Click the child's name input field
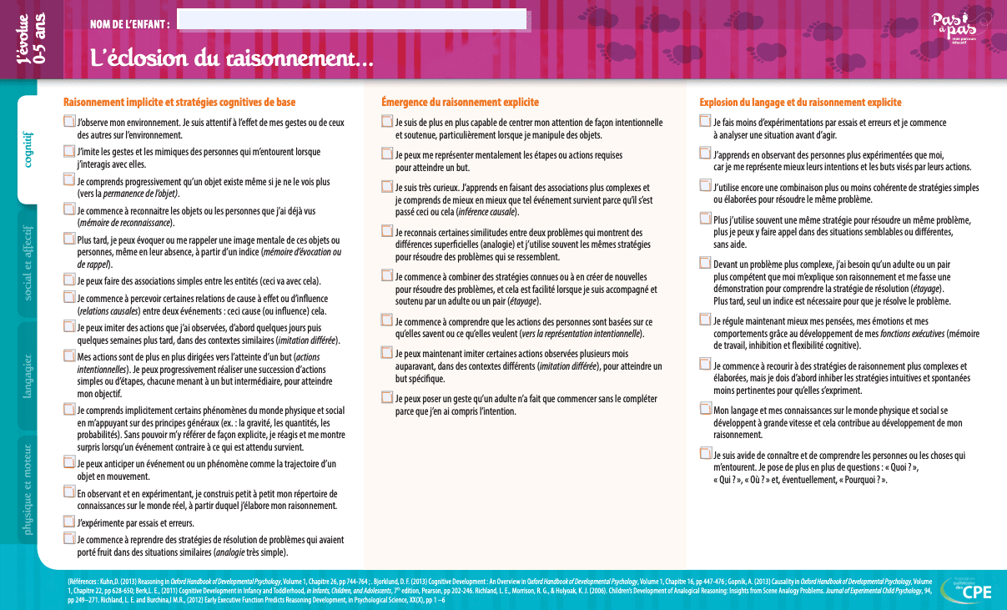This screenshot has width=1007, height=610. click(x=351, y=19)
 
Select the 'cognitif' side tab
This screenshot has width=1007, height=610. click(x=28, y=150)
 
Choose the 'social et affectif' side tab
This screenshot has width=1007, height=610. click(x=28, y=262)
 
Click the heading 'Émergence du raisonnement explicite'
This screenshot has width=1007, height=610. click(x=460, y=103)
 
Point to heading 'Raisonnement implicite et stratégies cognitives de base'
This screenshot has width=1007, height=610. click(x=179, y=103)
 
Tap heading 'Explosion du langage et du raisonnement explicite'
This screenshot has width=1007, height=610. click(x=800, y=103)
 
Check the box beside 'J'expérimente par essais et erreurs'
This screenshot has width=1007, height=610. click(x=69, y=522)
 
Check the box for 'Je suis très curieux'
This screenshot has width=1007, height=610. click(x=387, y=188)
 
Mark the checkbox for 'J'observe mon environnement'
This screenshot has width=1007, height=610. click(x=69, y=122)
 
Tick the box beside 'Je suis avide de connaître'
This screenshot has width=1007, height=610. click(x=706, y=454)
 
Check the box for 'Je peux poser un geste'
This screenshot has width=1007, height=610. click(x=387, y=398)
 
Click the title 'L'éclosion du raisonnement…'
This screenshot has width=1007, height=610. click(x=231, y=58)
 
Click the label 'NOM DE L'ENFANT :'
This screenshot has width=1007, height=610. click(x=130, y=23)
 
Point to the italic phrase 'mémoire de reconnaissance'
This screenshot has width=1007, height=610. click(x=126, y=223)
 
